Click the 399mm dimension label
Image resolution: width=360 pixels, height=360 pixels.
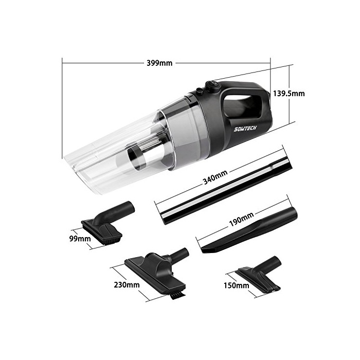[159, 63]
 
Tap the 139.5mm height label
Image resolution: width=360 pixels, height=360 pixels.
[289, 94]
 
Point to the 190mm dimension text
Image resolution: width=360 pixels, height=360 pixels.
[242, 219]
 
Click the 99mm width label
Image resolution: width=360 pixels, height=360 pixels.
[80, 239]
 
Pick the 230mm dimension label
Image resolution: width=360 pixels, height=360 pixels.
[127, 285]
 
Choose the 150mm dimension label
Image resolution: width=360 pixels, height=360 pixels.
[237, 285]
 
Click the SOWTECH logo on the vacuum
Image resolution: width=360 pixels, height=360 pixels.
[245, 129]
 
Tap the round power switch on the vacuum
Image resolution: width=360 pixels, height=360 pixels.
[212, 86]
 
